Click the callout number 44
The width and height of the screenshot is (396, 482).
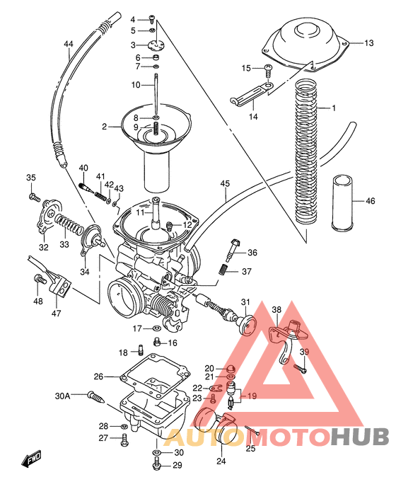click(68, 45)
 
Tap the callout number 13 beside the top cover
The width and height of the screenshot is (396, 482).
click(368, 43)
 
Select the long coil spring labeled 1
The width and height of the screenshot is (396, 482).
click(305, 152)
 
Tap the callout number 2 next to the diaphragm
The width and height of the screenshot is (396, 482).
click(105, 127)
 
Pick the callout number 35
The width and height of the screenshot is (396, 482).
click(30, 177)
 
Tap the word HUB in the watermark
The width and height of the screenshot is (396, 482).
click(358, 437)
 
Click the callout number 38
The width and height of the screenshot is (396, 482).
click(276, 309)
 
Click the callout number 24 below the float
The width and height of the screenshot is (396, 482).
click(221, 461)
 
